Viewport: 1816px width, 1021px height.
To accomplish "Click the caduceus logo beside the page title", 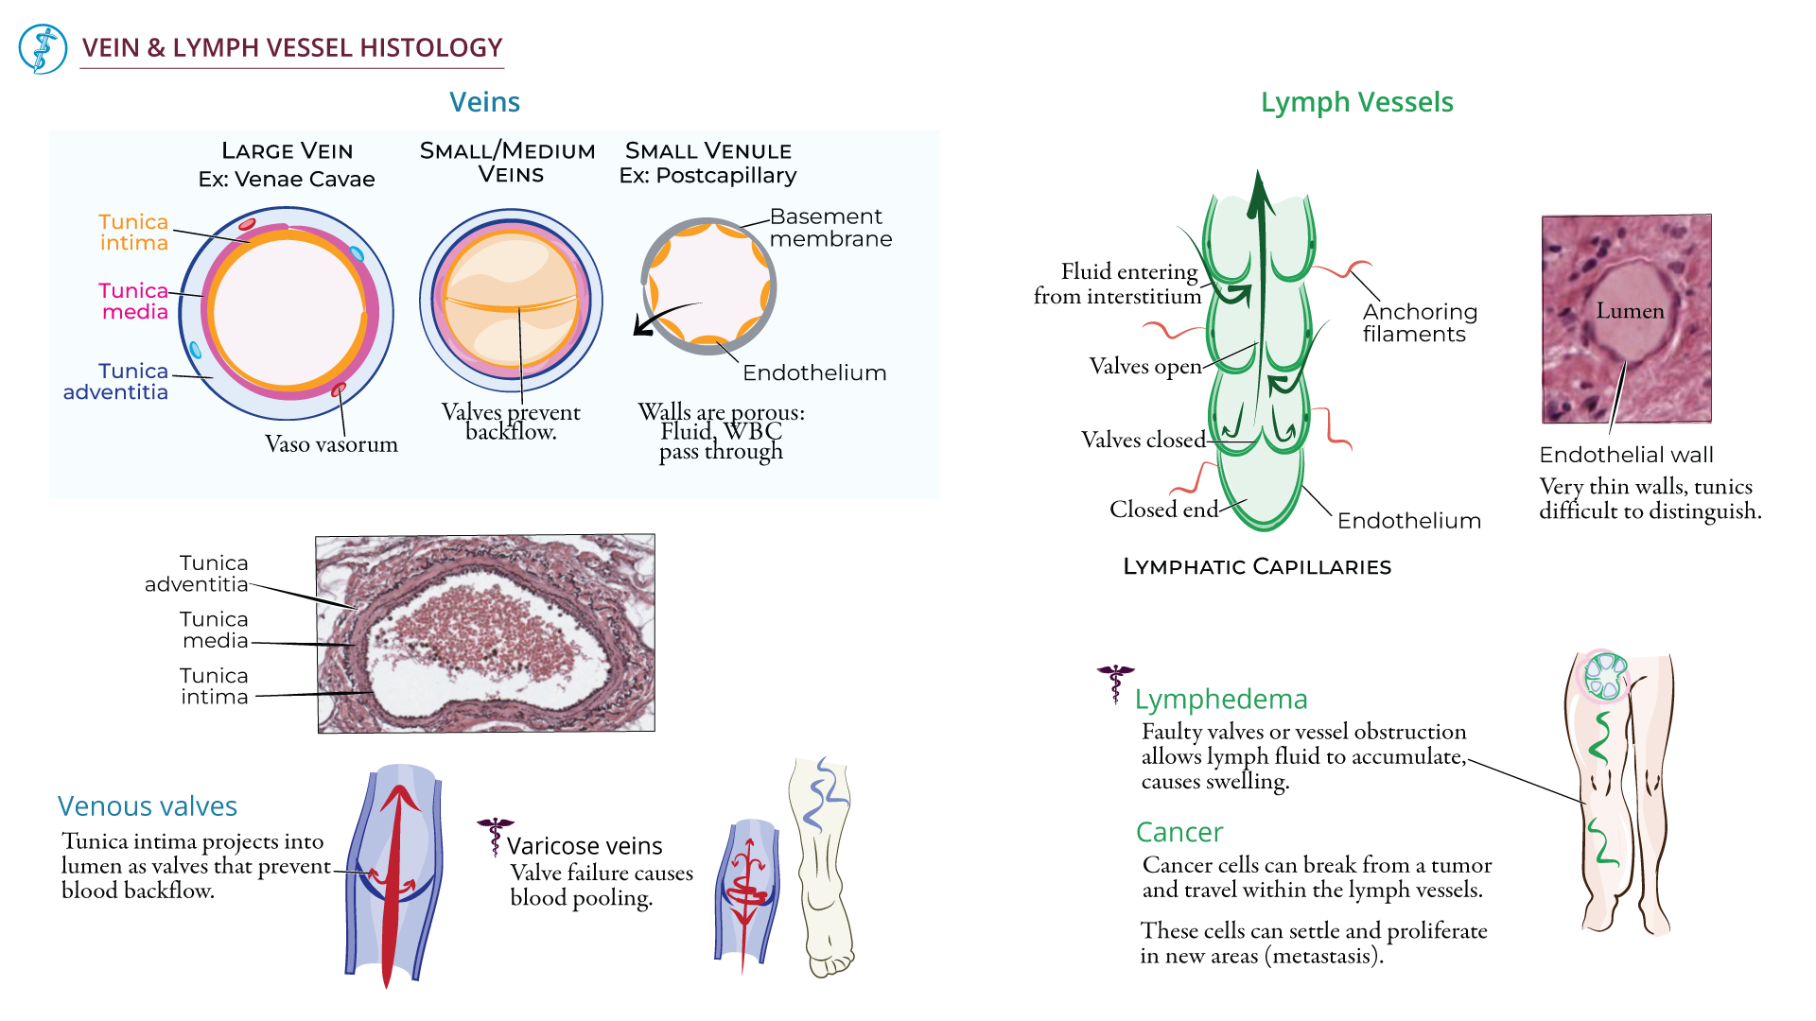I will point(43,49).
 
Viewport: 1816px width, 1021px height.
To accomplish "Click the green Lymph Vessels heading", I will point(1356,102).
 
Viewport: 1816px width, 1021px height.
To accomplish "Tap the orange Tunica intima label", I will point(133,232).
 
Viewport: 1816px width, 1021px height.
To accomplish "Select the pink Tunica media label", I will point(133,301).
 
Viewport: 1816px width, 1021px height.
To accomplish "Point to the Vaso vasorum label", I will point(331,444).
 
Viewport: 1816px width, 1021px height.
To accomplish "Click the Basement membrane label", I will point(829,228).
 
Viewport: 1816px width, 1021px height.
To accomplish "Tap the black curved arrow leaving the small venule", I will point(662,318).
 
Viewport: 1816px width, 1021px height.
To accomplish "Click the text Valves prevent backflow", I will point(511,422).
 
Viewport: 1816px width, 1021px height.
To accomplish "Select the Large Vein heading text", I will point(287,151).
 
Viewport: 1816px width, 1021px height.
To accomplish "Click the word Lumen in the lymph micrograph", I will point(1630,311).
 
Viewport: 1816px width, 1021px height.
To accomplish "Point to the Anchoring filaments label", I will point(1419,322).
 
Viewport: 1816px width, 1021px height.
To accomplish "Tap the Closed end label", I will point(1163,510).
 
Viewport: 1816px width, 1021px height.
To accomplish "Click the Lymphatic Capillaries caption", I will point(1256,567).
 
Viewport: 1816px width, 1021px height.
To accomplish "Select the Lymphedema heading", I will point(1220,700).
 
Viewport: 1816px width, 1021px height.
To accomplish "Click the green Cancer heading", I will point(1179,832).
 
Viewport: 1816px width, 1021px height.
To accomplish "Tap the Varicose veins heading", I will point(584,846).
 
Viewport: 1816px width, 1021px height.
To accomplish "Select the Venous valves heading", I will point(147,806).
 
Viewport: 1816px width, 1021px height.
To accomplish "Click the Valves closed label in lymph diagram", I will point(1143,440).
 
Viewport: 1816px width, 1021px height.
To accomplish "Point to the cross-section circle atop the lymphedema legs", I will point(1605,675).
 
